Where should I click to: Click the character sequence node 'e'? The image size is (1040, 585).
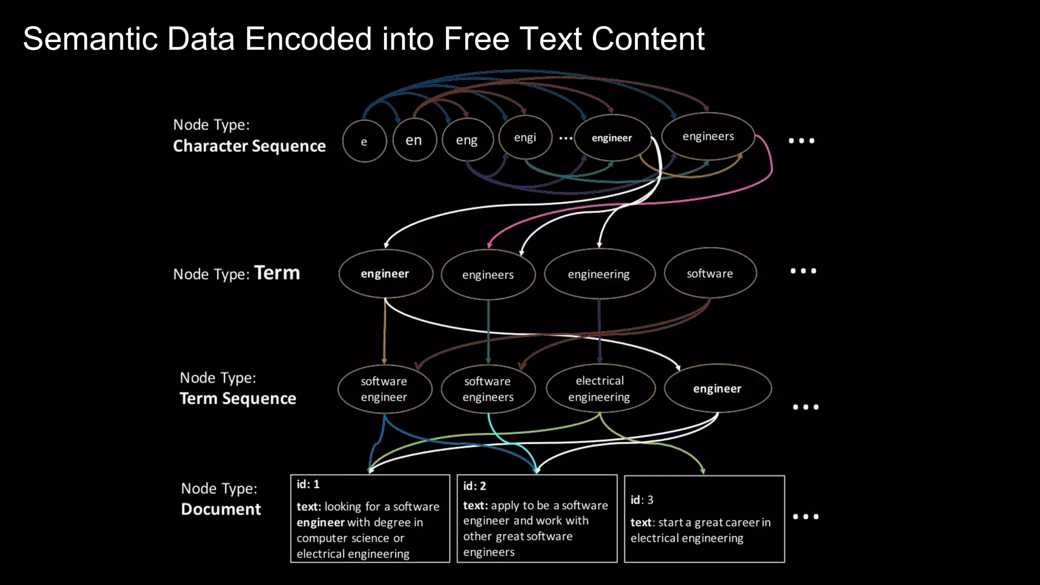click(364, 141)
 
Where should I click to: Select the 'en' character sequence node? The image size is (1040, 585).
click(414, 140)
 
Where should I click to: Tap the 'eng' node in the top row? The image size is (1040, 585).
click(467, 140)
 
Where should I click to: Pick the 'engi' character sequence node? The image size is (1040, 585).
click(525, 137)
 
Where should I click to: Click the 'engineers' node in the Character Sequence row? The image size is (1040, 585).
click(708, 136)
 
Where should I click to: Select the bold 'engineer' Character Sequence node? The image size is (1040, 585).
click(612, 138)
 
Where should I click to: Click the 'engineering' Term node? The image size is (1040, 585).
click(599, 274)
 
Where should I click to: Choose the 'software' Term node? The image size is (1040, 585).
click(710, 273)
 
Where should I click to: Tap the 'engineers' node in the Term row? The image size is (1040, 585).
click(488, 275)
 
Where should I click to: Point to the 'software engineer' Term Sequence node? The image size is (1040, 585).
click(384, 389)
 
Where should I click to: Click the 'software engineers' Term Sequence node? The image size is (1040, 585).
click(488, 389)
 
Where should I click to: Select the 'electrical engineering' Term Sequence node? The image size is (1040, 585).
click(600, 388)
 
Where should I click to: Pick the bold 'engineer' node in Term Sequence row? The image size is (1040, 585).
click(717, 388)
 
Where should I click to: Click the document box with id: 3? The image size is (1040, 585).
click(704, 518)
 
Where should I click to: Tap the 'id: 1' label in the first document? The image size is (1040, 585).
click(308, 484)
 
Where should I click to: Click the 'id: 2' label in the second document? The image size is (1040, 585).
click(474, 486)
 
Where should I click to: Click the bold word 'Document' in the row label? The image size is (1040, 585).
click(221, 509)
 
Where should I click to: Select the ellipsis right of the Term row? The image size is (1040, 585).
click(803, 271)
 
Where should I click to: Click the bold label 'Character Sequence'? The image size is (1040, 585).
click(249, 146)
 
